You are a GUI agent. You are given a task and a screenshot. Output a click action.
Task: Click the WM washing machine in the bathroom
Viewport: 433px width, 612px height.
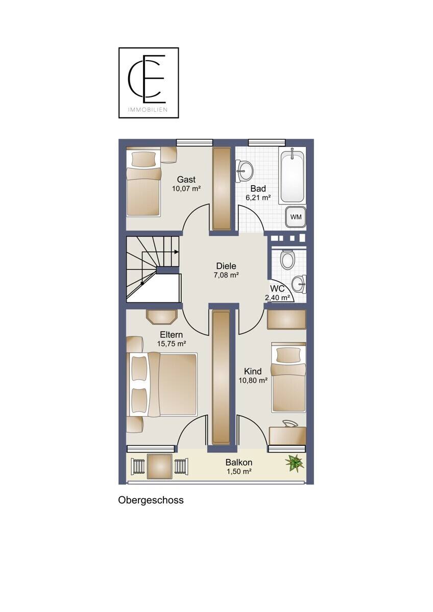point(296,217)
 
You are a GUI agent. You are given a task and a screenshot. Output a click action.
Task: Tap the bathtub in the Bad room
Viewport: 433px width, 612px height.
point(292,175)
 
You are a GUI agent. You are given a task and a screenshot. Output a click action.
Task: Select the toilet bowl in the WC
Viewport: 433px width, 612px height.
point(288,259)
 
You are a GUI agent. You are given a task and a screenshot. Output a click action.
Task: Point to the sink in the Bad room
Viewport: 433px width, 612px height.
point(244,170)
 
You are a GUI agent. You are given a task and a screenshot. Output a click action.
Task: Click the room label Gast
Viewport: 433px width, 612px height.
point(186,180)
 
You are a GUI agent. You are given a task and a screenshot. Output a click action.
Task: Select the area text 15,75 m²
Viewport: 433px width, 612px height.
point(172,344)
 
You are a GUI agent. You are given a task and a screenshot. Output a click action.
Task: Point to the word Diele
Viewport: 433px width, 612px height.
point(226,266)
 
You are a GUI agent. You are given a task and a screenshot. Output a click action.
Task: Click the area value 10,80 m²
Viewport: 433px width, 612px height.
point(253,380)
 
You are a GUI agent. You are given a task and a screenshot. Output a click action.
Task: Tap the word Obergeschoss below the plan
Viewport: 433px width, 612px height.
point(151,500)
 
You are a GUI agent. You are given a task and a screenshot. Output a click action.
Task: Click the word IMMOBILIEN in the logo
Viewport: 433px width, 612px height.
point(148,110)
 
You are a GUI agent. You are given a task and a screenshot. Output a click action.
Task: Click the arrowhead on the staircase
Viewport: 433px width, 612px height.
point(177,252)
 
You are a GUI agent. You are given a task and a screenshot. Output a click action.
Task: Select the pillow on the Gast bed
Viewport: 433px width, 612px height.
point(144,159)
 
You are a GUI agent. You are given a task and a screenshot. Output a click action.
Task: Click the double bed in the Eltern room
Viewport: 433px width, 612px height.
point(162,385)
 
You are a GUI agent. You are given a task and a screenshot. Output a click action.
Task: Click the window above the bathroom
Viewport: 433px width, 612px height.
point(267,143)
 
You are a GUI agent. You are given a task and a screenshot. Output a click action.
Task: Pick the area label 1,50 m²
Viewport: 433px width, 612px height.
point(239,471)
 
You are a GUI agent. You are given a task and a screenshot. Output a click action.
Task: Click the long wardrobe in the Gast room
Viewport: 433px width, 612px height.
point(222,189)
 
